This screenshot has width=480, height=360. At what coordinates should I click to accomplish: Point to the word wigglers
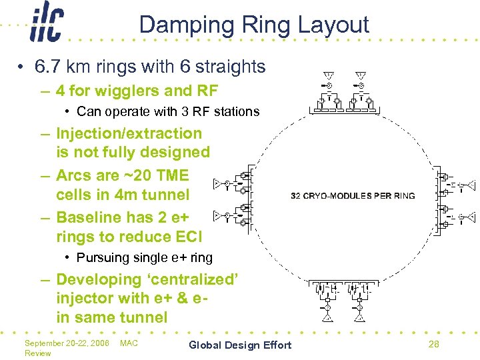pos(123,91)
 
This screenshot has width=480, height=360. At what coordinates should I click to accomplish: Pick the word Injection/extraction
pos(129,134)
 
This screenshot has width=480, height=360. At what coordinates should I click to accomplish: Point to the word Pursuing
pos(101,257)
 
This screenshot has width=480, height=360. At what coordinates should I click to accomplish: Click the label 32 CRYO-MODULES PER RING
pos(353,195)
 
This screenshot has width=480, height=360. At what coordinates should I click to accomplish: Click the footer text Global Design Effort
pos(240,345)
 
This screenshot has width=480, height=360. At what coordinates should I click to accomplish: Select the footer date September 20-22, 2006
pos(67,343)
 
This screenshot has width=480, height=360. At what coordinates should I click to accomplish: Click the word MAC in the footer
pos(129,343)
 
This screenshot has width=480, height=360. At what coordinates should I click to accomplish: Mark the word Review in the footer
pos(37,353)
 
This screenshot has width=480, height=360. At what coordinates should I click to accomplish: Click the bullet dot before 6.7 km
pos(22,67)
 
